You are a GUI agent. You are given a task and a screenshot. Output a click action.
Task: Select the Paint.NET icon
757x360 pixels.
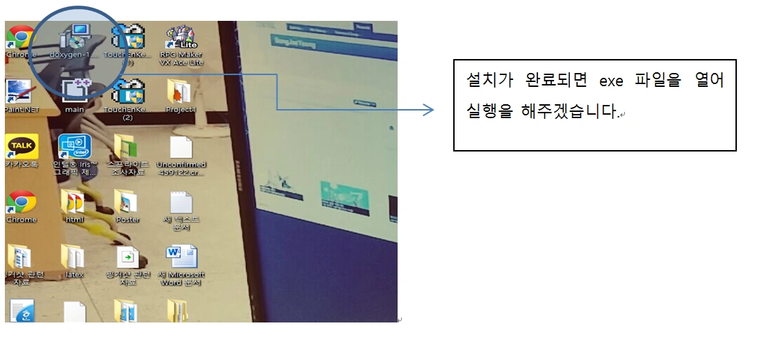[x=20, y=92]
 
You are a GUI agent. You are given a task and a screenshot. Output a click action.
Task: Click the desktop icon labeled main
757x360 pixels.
[x=74, y=92]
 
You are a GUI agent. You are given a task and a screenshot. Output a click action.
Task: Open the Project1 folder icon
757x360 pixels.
[x=180, y=92]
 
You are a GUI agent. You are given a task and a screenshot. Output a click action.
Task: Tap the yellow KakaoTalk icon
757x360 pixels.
[x=21, y=147]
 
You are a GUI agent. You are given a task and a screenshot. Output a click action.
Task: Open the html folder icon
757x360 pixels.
[x=73, y=202]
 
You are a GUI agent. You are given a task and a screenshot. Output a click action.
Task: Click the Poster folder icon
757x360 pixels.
[x=127, y=202]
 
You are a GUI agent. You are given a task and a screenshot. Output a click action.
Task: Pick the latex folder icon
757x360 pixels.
[x=73, y=258]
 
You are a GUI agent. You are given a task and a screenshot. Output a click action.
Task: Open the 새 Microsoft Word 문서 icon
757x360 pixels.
[x=181, y=257]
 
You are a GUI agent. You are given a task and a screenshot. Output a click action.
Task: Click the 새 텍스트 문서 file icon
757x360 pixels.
[x=181, y=202]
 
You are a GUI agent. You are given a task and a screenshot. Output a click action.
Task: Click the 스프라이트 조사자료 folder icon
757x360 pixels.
[x=127, y=147]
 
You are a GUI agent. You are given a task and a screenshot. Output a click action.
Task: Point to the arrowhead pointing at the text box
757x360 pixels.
[x=429, y=110]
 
